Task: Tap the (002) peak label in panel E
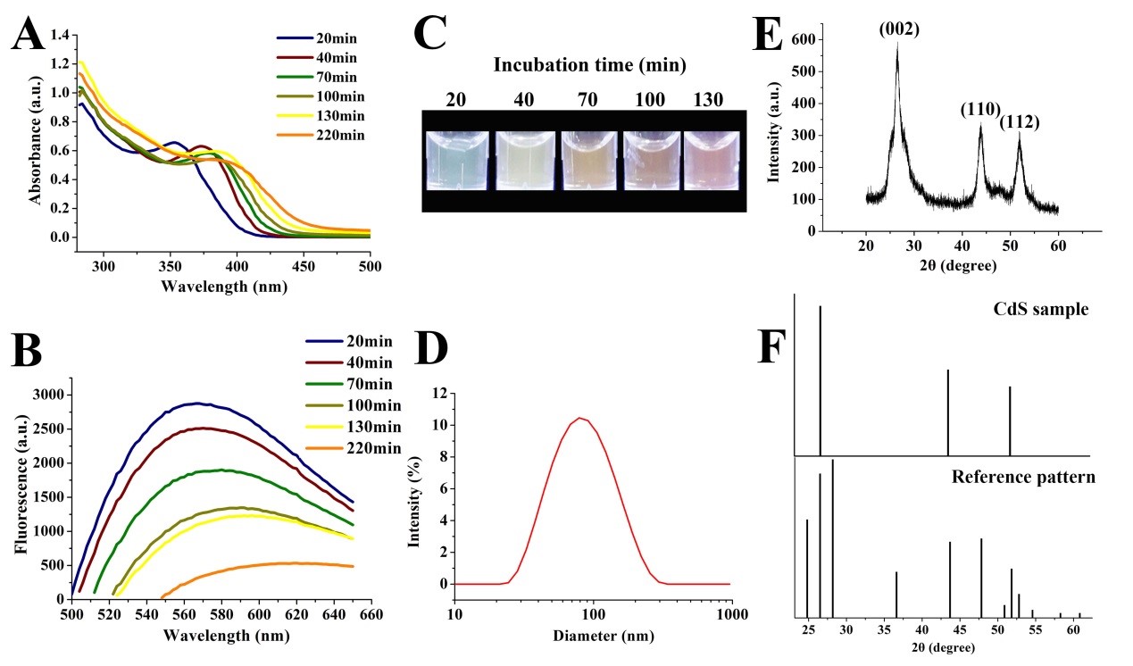pos(897,29)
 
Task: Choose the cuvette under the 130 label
pos(712,161)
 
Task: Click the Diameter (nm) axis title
pos(590,637)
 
